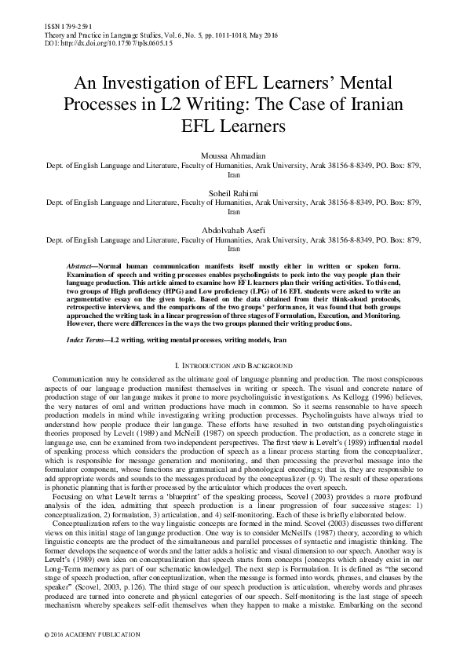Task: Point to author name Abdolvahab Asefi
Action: tap(233, 231)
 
